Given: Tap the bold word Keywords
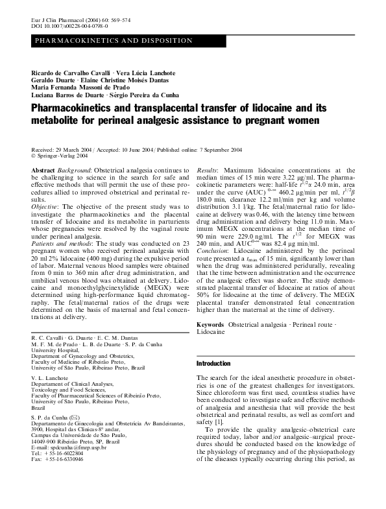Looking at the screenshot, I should coord(211,324).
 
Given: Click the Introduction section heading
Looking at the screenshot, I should coord(213,364).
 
